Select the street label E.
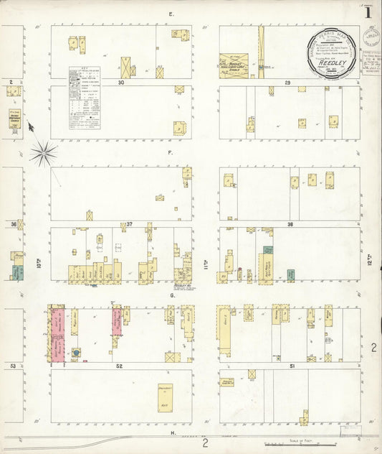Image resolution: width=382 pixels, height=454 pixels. [x=171, y=14]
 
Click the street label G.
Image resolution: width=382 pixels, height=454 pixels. [x=172, y=295]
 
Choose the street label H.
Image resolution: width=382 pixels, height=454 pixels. [x=173, y=433]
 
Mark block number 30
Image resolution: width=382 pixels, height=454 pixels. [x=122, y=83]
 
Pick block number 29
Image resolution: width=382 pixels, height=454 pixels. [x=287, y=83]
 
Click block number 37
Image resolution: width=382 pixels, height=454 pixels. [x=129, y=225]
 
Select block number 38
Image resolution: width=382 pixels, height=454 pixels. [x=290, y=225]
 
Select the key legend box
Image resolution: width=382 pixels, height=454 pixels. [x=84, y=98]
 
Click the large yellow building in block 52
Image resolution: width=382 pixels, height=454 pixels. [x=165, y=397]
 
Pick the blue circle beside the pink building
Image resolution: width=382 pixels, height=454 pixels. [x=75, y=353]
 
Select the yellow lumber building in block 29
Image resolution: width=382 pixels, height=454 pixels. [x=234, y=63]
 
